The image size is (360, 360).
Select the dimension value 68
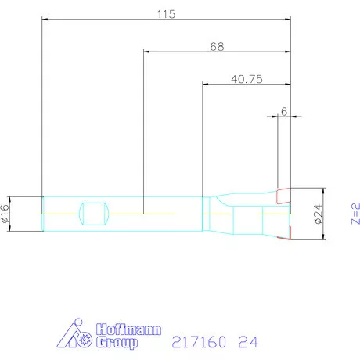pyautogui.click(x=217, y=46)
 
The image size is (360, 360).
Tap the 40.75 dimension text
pyautogui.click(x=247, y=78)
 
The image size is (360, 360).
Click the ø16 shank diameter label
pyautogui.click(x=6, y=213)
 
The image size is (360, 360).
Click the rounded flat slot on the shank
pyautogui.click(x=93, y=213)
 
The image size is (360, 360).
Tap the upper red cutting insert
pyautogui.click(x=283, y=193)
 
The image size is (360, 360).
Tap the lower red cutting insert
pyautogui.click(x=287, y=232)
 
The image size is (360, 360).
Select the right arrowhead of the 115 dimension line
pyautogui.click(x=290, y=21)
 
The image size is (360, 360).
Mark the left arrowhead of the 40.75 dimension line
pyautogui.click(x=205, y=85)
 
